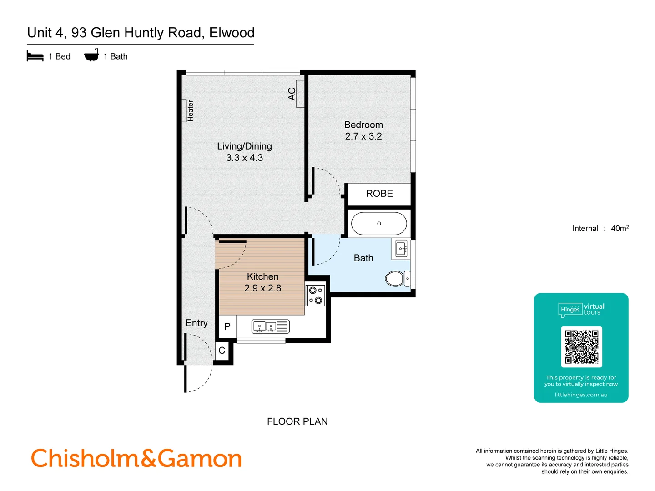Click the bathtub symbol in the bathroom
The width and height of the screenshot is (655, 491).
pyautogui.click(x=379, y=224)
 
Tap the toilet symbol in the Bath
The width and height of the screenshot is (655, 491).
pyautogui.click(x=396, y=278)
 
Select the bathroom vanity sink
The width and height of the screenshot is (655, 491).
pyautogui.click(x=401, y=249)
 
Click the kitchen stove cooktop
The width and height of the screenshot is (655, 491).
pyautogui.click(x=315, y=295)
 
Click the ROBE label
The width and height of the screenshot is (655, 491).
pyautogui.click(x=379, y=194)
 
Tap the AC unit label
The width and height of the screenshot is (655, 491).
pyautogui.click(x=292, y=94)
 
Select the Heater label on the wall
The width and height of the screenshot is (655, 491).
pyautogui.click(x=190, y=111)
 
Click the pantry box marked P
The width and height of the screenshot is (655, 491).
pyautogui.click(x=227, y=326)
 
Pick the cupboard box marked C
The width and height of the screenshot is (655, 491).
pyautogui.click(x=222, y=351)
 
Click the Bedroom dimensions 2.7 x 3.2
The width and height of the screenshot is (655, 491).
pyautogui.click(x=363, y=136)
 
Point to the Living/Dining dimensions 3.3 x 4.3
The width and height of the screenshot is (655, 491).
pyautogui.click(x=245, y=158)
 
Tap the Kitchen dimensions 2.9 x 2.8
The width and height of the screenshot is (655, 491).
pyautogui.click(x=263, y=288)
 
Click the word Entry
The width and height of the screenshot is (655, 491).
pyautogui.click(x=196, y=323)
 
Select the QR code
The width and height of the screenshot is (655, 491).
pyautogui.click(x=581, y=347)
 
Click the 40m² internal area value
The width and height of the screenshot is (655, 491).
pyautogui.click(x=620, y=228)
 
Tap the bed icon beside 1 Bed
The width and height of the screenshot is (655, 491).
pyautogui.click(x=35, y=56)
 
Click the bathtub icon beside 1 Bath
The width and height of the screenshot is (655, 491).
pyautogui.click(x=91, y=55)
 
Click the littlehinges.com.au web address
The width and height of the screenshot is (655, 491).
pyautogui.click(x=581, y=395)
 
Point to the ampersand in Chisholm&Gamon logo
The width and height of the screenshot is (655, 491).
pyautogui.click(x=148, y=458)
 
